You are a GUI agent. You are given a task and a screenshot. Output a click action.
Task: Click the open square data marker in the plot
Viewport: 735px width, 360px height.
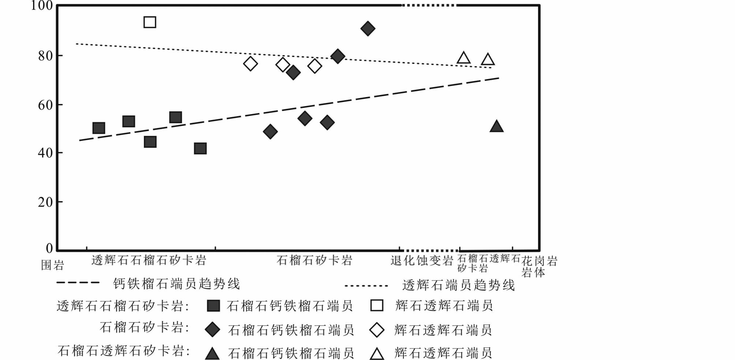coord(150,22)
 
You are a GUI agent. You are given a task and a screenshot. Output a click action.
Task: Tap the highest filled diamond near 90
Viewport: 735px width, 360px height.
coord(367,29)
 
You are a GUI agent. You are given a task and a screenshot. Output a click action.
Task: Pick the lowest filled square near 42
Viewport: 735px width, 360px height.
coord(200,149)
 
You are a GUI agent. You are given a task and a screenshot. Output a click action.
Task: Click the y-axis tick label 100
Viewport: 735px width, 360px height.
coord(42,6)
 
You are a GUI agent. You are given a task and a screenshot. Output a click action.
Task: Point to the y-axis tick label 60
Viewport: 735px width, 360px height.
coord(45,105)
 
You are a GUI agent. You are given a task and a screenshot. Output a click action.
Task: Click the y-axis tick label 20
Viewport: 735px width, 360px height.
coord(45,202)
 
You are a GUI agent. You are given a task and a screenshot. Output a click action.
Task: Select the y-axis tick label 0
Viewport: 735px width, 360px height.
coord(49,248)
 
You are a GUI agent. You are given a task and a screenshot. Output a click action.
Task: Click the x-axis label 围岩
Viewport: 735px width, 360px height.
coord(52,265)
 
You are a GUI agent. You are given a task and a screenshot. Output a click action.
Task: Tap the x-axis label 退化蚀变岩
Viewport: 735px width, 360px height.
coord(422,260)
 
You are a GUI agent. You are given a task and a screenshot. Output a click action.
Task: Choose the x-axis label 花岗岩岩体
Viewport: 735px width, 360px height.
coord(539,266)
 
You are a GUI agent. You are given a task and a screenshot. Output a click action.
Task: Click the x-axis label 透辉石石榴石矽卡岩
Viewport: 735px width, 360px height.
coord(149,260)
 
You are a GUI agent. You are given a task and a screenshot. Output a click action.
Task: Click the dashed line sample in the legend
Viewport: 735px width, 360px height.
coord(78,283)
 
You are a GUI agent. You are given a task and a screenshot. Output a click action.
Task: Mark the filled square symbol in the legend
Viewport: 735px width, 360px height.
coord(213,306)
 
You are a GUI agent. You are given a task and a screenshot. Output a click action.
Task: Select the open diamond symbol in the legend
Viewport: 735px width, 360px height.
coord(377,330)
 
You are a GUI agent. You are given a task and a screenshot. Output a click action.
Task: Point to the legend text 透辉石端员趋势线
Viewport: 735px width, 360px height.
coord(458,285)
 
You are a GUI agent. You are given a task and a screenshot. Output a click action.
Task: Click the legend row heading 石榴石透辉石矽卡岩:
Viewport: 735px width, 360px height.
coord(124,351)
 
